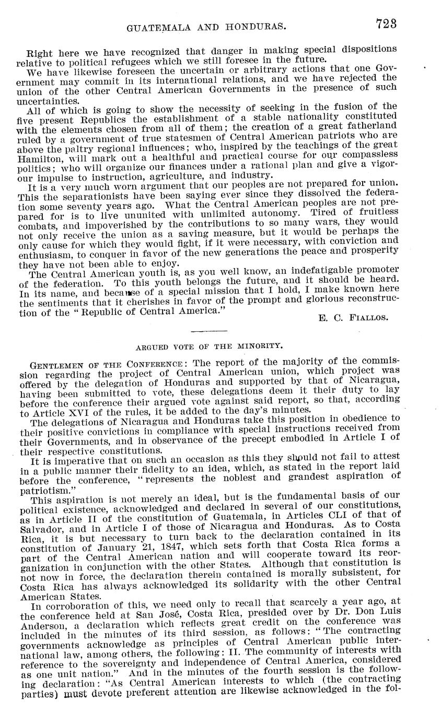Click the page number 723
tap(386, 24)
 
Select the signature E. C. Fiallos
tap(354, 317)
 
